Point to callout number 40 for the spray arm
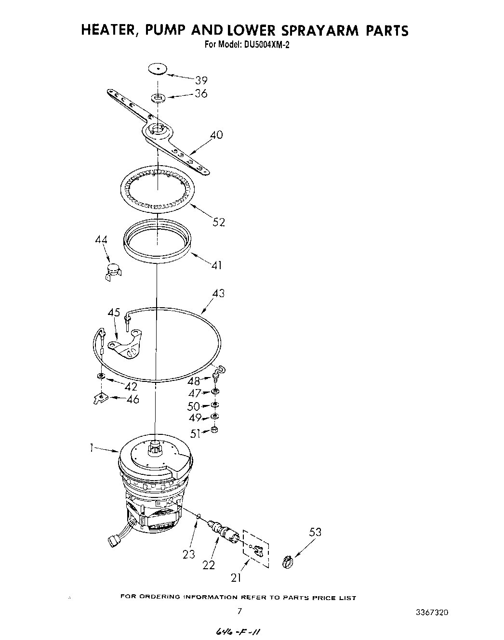click(x=216, y=135)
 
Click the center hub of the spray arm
click(x=157, y=130)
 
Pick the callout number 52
click(x=218, y=222)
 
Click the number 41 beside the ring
click(x=217, y=265)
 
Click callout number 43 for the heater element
click(x=218, y=293)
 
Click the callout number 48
click(x=194, y=381)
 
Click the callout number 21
click(x=236, y=577)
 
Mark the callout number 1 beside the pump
click(x=91, y=448)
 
